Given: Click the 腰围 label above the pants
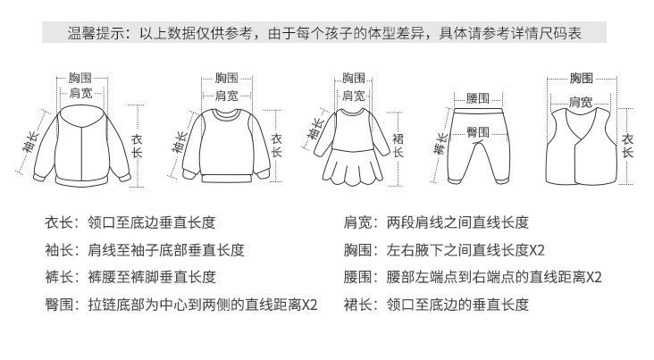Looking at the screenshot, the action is (478, 98).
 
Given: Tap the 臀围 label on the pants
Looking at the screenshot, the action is (478, 130).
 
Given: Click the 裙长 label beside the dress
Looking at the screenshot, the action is (398, 145).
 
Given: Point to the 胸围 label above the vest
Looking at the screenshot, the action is (581, 79).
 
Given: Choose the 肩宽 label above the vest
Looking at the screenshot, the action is (581, 101).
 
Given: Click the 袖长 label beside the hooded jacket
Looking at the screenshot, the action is (30, 143).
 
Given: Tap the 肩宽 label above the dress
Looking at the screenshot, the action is (353, 95).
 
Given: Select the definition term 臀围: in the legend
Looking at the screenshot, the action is (61, 304).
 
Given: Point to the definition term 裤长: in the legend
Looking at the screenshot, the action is (61, 277).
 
